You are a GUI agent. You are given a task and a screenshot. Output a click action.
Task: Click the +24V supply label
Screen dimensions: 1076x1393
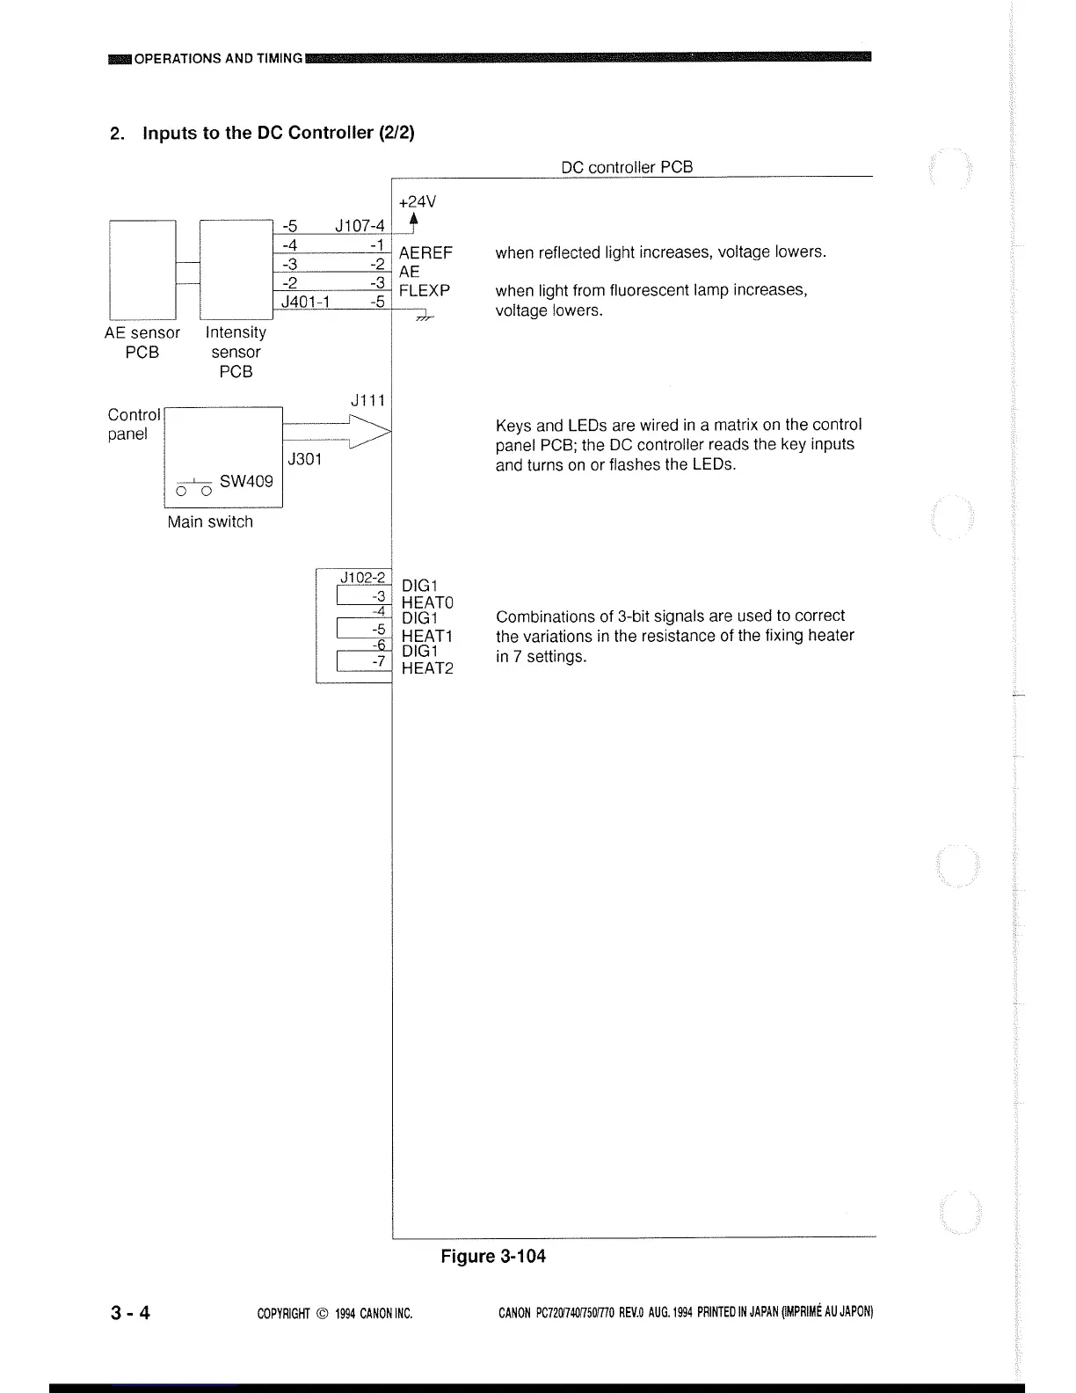[x=417, y=201]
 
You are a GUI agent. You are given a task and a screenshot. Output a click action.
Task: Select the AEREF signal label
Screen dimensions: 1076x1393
[x=425, y=253]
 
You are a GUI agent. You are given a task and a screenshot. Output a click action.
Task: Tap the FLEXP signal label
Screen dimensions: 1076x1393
[x=425, y=290]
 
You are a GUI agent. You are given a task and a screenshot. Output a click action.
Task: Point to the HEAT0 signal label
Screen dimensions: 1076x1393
[x=427, y=602]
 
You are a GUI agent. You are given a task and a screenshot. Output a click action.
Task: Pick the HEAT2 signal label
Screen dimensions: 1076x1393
[x=427, y=668]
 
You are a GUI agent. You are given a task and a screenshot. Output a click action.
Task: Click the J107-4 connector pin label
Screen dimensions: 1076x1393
[x=360, y=227]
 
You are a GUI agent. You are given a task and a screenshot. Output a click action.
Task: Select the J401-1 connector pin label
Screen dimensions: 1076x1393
[x=305, y=302]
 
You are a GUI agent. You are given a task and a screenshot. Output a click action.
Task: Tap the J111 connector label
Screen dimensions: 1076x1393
[x=367, y=400]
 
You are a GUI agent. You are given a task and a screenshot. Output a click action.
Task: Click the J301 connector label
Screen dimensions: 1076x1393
[x=305, y=458]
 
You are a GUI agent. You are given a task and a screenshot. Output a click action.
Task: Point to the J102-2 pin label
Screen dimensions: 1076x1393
[x=362, y=578]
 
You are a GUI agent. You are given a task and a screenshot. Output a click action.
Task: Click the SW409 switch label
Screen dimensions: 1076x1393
[x=246, y=481]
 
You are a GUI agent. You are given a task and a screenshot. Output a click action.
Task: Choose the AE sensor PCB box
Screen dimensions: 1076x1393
[x=142, y=269]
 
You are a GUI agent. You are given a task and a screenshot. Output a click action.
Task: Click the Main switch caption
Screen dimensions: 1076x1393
[x=210, y=521]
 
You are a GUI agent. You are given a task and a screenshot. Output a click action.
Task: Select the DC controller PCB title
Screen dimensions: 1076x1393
[x=627, y=167]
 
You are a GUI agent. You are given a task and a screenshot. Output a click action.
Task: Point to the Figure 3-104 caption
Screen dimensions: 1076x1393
[x=492, y=1256]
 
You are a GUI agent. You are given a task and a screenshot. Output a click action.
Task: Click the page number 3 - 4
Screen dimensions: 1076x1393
[x=130, y=1313]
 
